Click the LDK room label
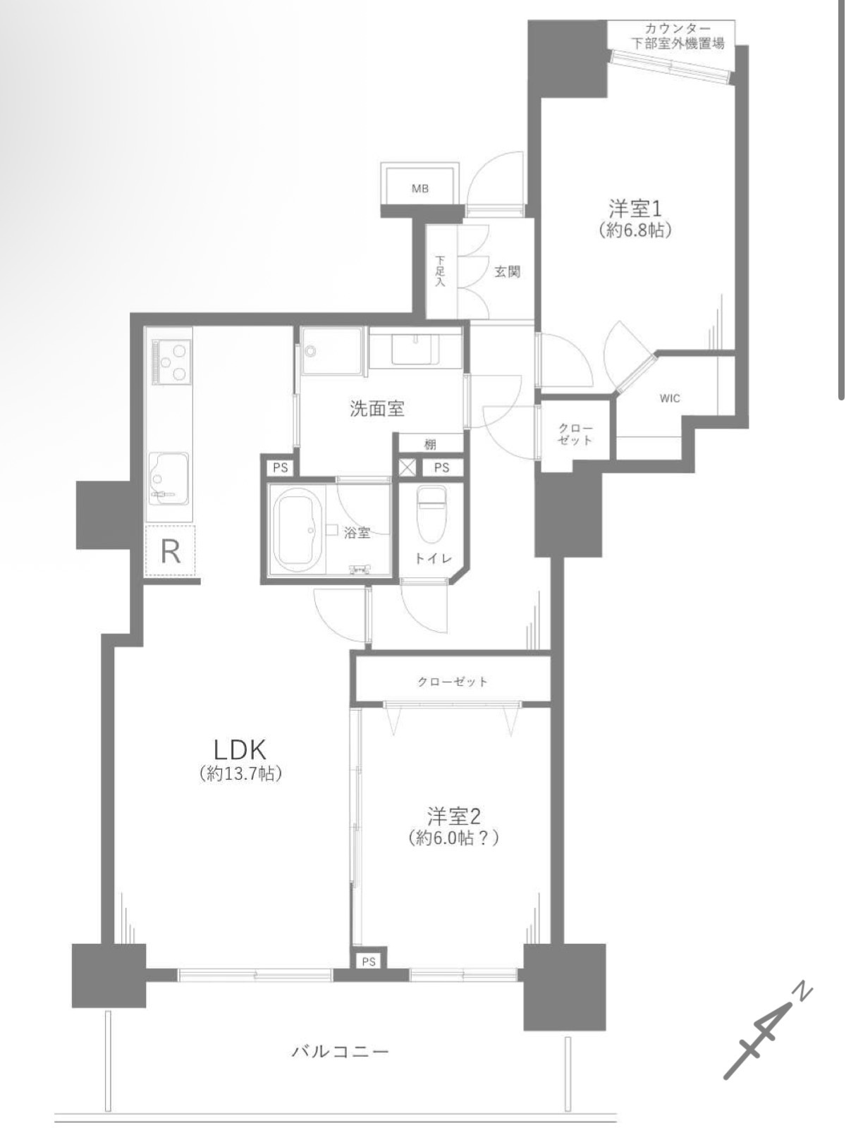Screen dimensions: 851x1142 coord(240,750)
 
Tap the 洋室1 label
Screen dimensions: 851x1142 coord(635,209)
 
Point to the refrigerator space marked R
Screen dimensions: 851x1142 coord(171,551)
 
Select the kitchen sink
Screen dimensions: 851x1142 coord(168,479)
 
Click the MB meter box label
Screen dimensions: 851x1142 coord(420,188)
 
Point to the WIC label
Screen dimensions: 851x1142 coord(670,398)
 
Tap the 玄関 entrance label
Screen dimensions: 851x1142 coord(508,272)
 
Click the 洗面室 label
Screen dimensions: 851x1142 coord(377,408)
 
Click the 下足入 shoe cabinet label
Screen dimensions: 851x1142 coord(439,271)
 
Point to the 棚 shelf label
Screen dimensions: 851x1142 coord(430,445)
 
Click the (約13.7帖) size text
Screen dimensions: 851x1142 coord(240,775)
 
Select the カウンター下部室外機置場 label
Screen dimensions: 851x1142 coord(678,35)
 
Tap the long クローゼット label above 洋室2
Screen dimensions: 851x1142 coord(452,682)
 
